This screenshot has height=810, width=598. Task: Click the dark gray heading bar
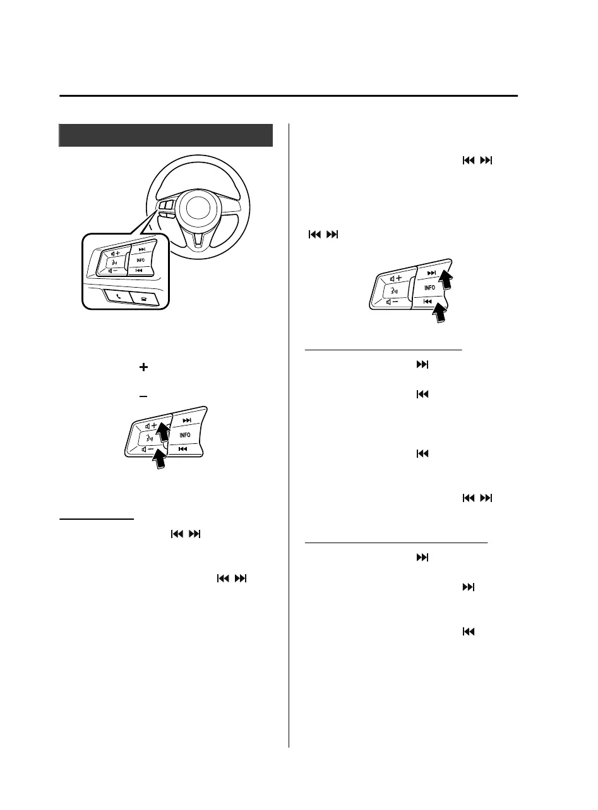[x=165, y=135]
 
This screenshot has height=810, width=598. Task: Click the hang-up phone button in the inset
[x=149, y=295]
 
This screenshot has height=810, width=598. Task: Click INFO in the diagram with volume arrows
[x=184, y=436]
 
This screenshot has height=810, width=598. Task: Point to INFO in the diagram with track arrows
[x=429, y=288]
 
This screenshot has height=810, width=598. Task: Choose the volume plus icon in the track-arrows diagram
[x=396, y=278]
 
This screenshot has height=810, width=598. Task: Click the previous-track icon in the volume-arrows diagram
[x=183, y=448]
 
